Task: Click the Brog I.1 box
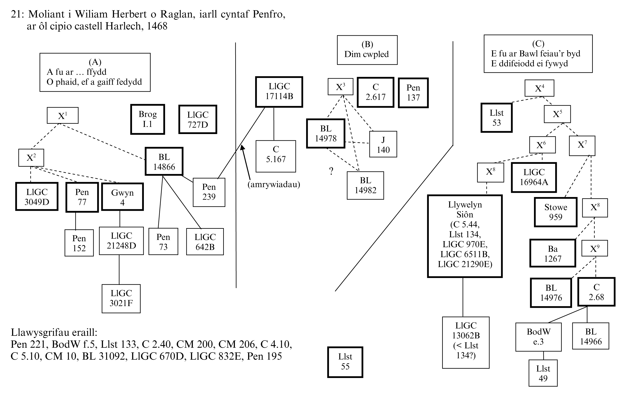(147, 119)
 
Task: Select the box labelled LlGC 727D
(198, 119)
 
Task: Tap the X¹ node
(62, 115)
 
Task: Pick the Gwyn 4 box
(122, 197)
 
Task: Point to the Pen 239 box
(209, 192)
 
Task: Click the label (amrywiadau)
(274, 184)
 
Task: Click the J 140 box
(383, 144)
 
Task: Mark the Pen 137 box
(413, 93)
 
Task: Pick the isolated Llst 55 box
(345, 362)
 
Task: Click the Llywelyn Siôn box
(465, 236)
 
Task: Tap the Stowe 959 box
(556, 212)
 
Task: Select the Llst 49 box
(543, 373)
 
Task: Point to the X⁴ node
(539, 88)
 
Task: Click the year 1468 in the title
(157, 26)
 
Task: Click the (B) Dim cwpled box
(367, 50)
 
